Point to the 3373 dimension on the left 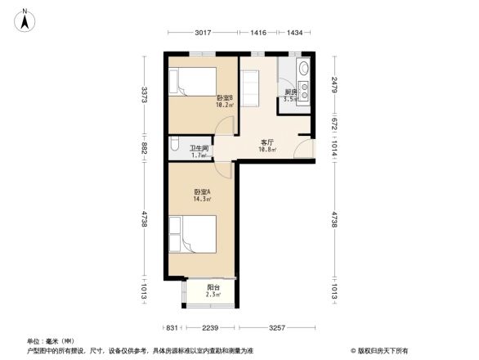tap(144, 95)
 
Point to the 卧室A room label tap(202, 195)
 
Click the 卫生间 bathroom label tap(198, 151)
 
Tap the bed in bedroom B tap(191, 83)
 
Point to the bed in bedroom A tap(193, 235)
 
